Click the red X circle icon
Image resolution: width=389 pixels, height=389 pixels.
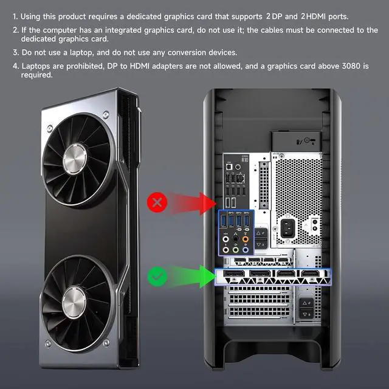pos(157,202)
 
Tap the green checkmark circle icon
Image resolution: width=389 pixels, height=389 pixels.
pos(157,277)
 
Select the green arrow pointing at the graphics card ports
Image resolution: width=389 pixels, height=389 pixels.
pos(191,277)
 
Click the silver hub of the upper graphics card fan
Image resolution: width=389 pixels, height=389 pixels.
pos(75,159)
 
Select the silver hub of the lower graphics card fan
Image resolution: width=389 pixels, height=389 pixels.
pos(74,302)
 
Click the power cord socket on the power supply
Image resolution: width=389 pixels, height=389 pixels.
pos(287,228)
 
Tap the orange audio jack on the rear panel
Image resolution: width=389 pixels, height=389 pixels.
pos(246,239)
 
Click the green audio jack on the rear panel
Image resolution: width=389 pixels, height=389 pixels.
pos(235,250)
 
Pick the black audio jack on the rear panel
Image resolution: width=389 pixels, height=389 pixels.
pos(235,239)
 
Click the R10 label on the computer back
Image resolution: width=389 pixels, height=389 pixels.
pos(244,159)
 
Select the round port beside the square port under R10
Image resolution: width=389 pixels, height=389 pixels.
pos(238,167)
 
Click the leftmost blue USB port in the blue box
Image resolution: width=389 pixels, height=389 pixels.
pos(223,221)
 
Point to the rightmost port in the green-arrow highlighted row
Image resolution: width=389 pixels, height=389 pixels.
pos(309,274)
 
